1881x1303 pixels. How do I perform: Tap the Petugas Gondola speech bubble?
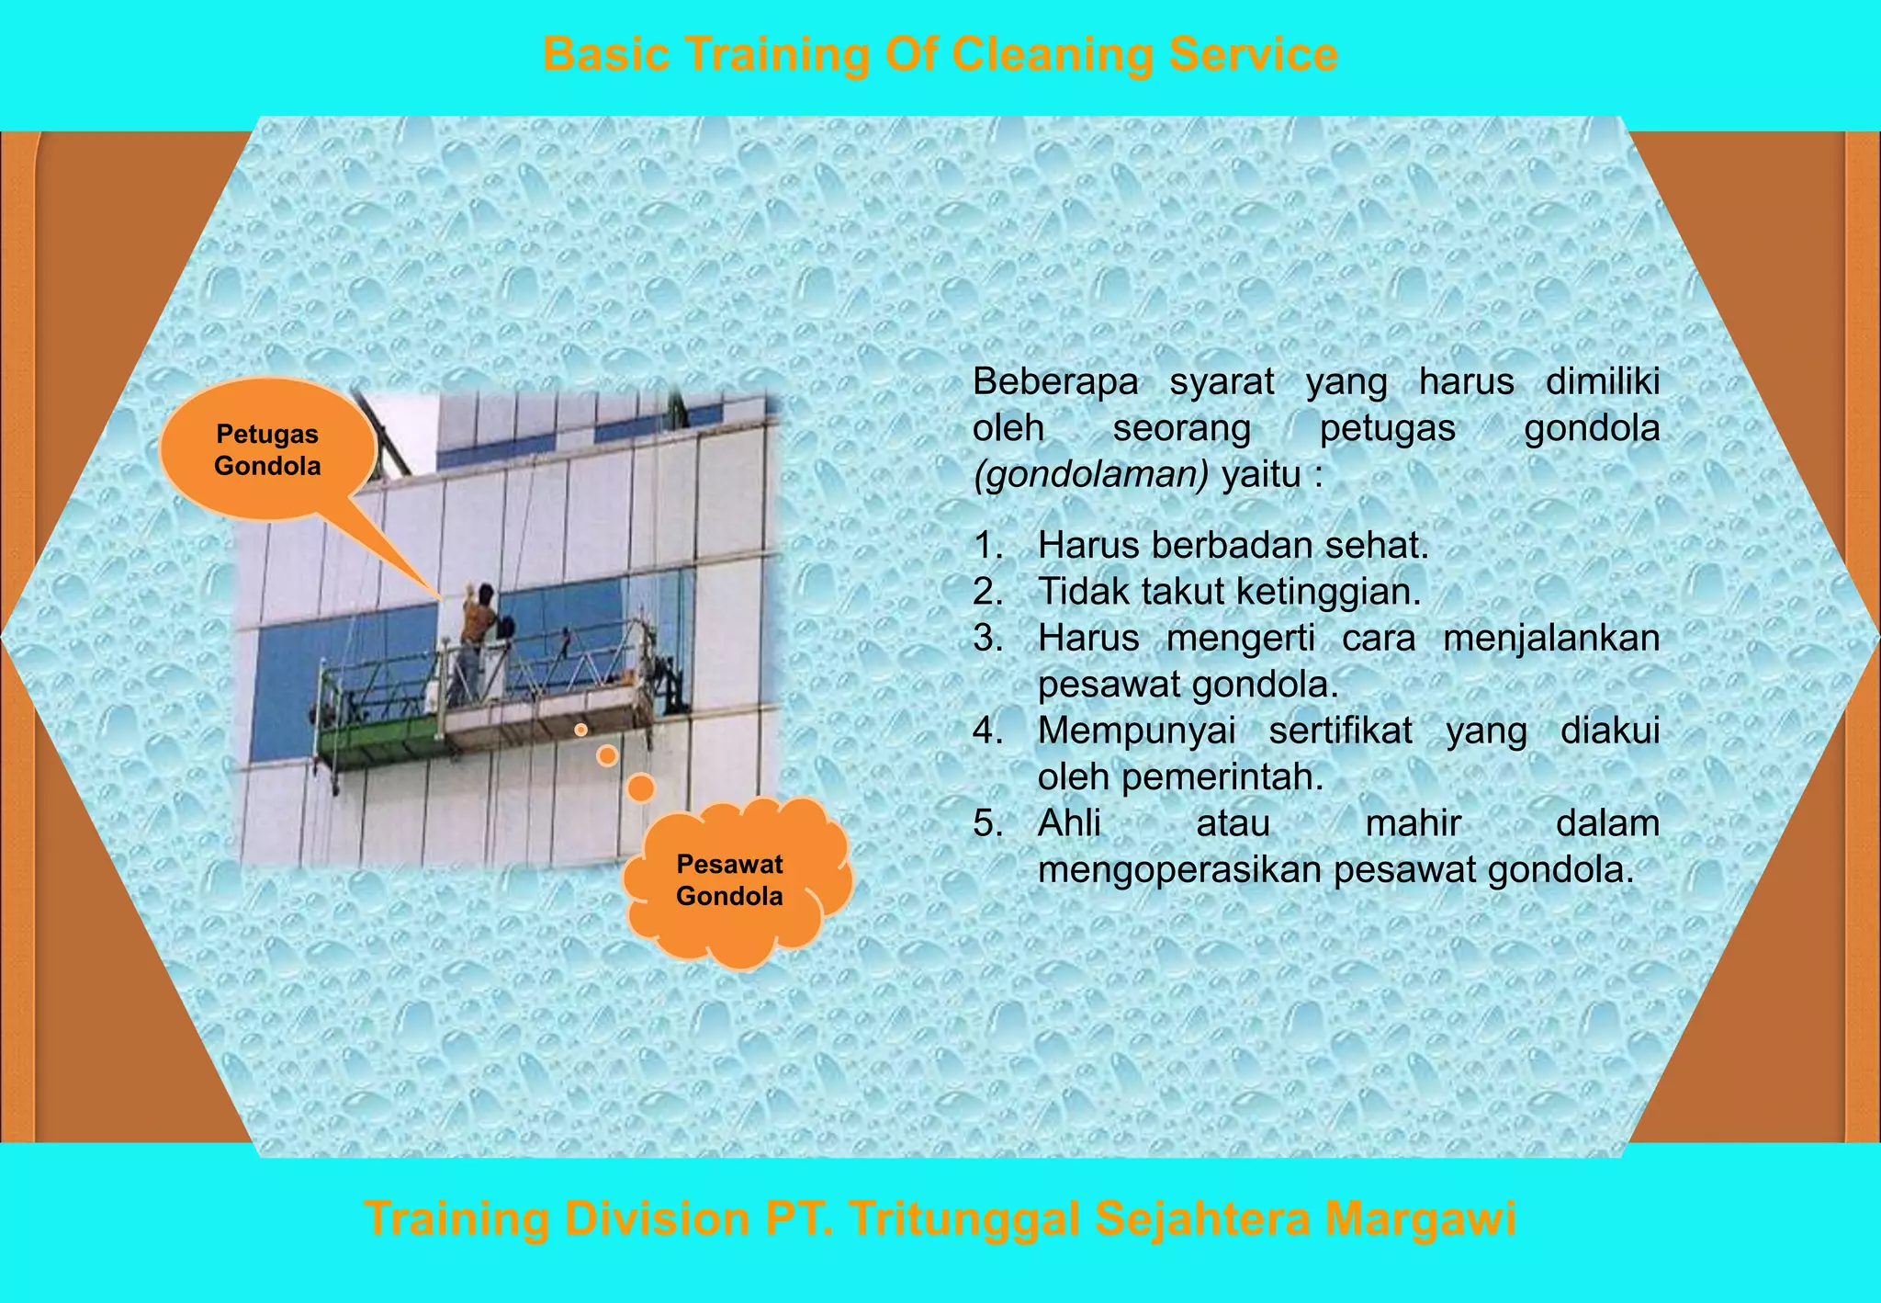point(267,450)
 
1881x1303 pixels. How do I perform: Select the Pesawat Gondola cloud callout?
point(731,880)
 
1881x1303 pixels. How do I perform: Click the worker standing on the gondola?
point(476,634)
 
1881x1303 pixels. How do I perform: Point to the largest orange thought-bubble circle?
point(640,787)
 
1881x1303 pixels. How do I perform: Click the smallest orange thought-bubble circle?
point(580,730)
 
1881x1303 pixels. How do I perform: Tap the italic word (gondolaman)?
point(1091,475)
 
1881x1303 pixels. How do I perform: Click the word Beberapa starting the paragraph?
point(1054,381)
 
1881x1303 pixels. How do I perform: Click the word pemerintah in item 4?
point(1222,777)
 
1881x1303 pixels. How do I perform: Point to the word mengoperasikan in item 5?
point(1179,869)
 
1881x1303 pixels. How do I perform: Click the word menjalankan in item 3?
point(1550,638)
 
